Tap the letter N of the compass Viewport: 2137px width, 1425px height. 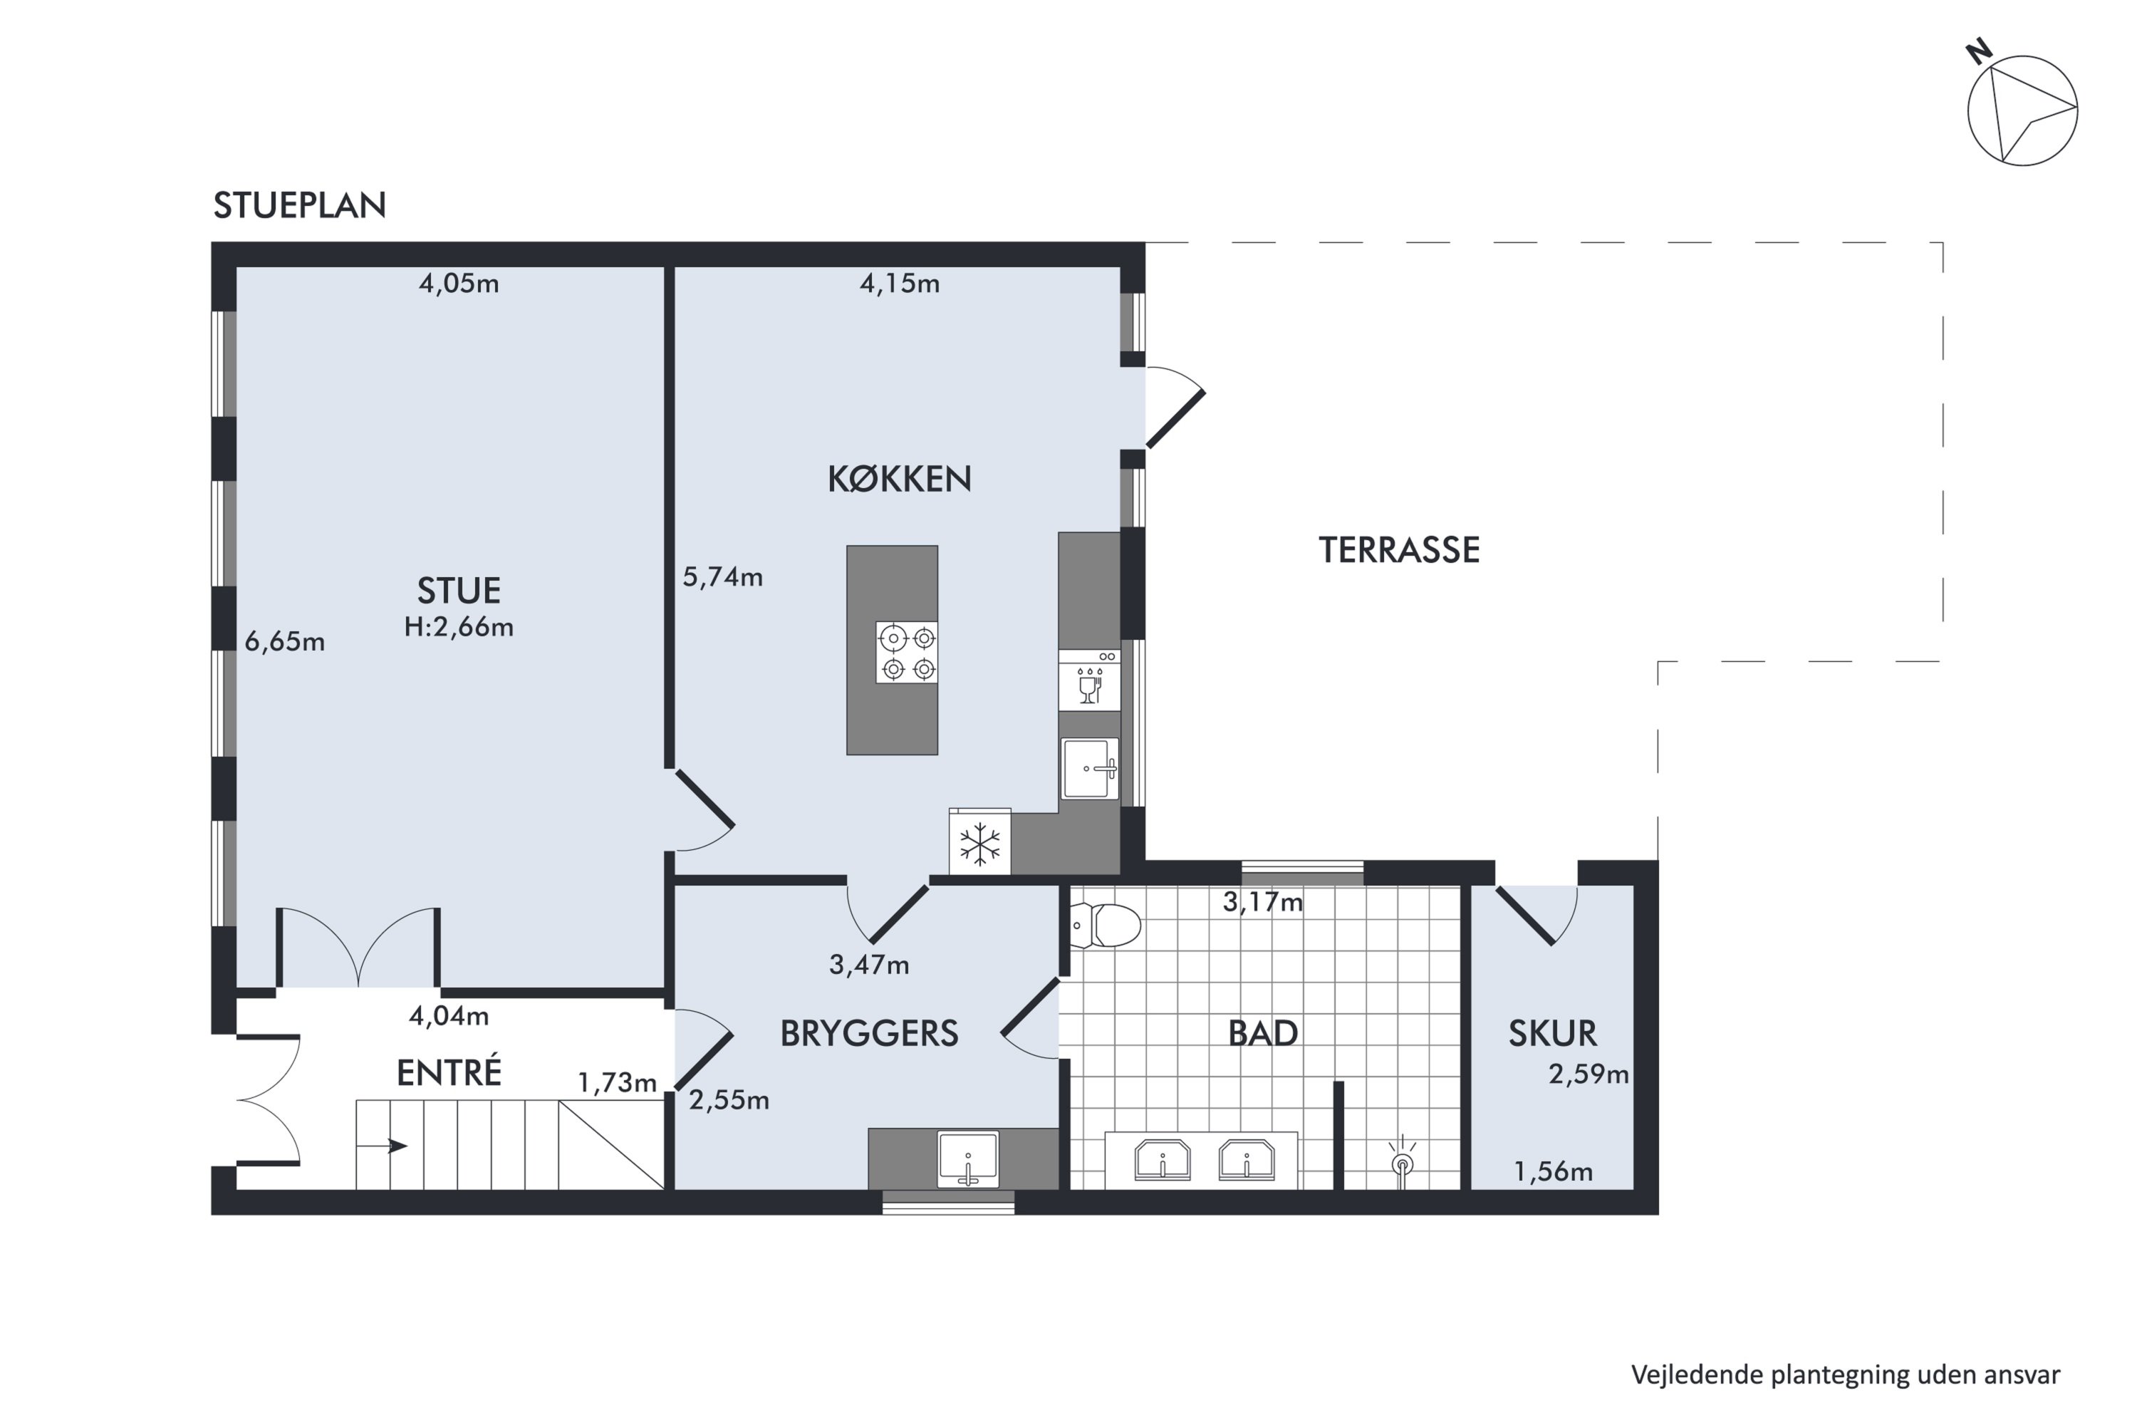(x=1979, y=53)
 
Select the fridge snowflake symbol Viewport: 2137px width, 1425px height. (x=979, y=844)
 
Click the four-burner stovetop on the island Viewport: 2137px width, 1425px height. (x=907, y=653)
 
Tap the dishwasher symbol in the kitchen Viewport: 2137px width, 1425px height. (x=1089, y=680)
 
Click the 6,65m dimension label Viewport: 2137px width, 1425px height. (x=284, y=642)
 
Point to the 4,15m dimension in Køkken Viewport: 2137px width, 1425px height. (x=900, y=284)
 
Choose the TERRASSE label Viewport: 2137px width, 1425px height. (x=1399, y=550)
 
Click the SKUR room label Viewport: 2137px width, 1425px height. (x=1552, y=1033)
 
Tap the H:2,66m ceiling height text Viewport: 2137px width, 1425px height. (x=459, y=627)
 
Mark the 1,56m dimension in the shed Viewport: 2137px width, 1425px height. (x=1553, y=1171)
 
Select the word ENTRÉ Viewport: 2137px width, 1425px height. (x=449, y=1072)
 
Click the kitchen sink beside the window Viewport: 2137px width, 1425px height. (x=1089, y=768)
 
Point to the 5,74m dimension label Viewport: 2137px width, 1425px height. (x=722, y=577)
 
